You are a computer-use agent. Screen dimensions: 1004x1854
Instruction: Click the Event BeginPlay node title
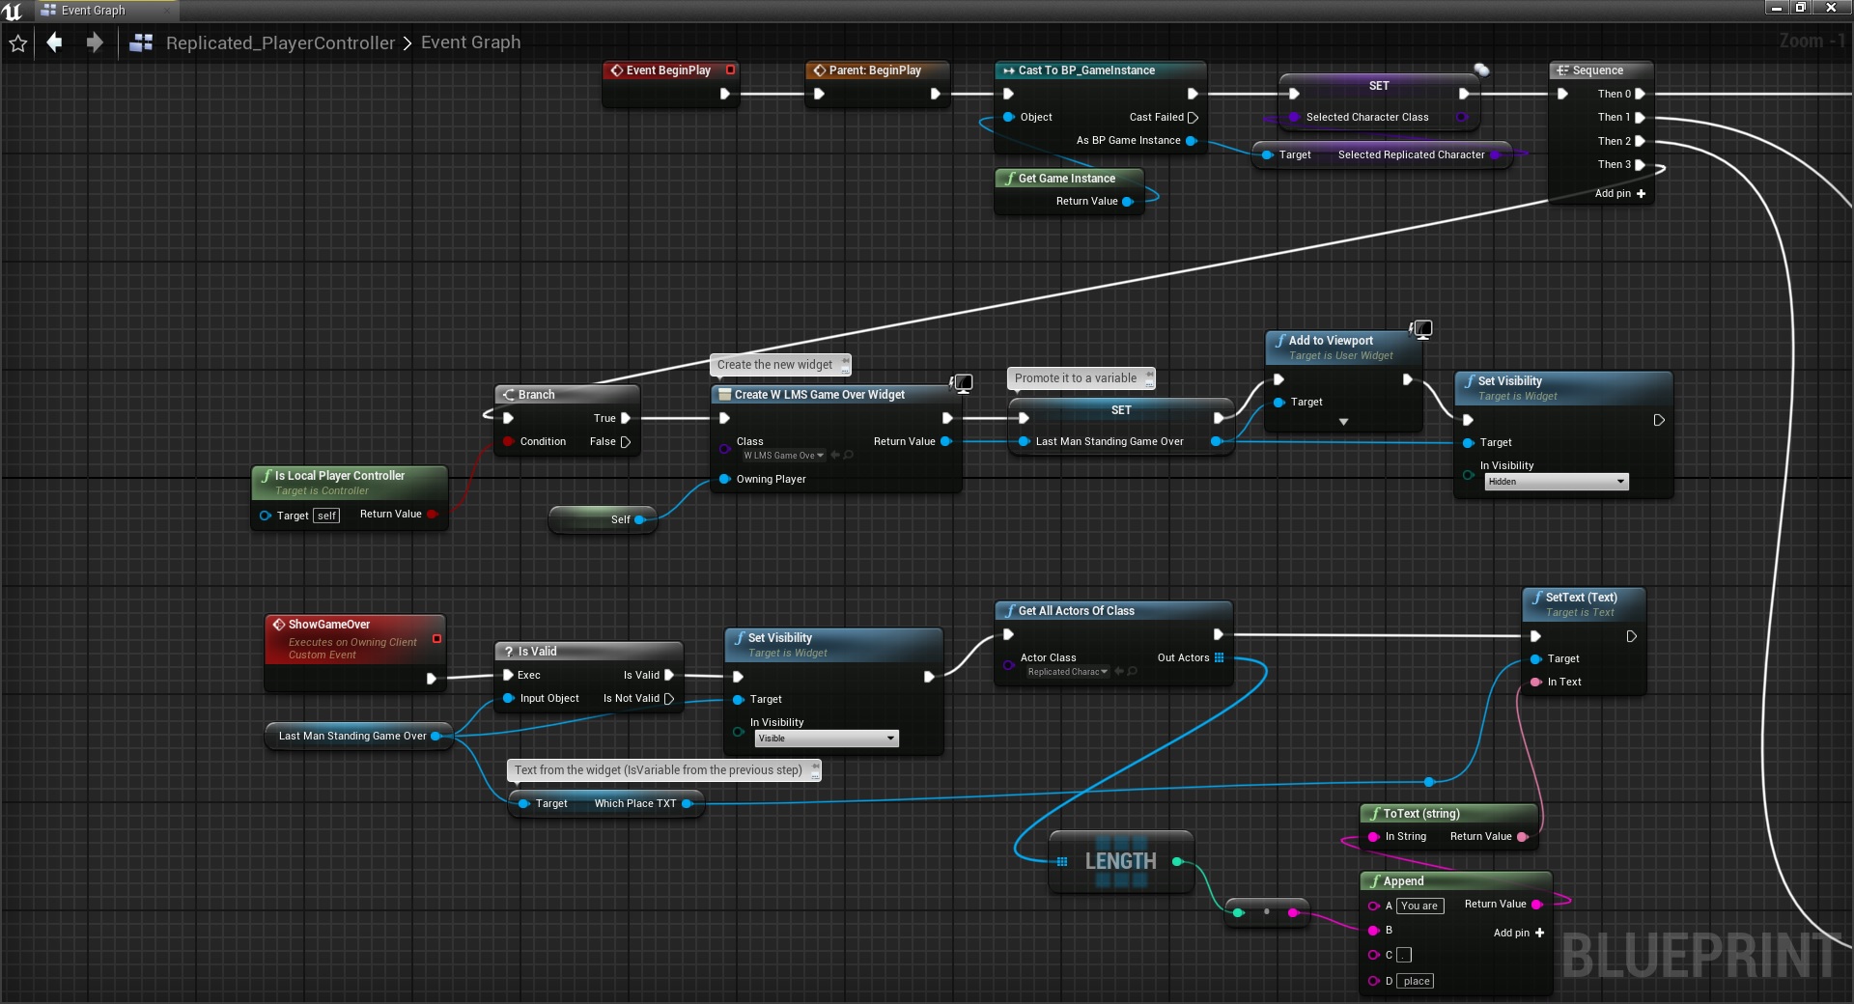click(x=667, y=70)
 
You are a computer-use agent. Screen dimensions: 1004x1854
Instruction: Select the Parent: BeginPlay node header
click(x=874, y=70)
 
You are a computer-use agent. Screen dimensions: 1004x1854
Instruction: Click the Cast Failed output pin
click(x=1193, y=118)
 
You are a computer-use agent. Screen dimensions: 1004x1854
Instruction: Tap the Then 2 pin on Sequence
click(x=1640, y=141)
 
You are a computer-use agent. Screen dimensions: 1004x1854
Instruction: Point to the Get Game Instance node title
click(x=1066, y=179)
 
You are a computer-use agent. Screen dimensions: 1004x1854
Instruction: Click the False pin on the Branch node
click(x=625, y=442)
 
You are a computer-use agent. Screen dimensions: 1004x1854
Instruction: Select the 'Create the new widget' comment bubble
click(x=774, y=365)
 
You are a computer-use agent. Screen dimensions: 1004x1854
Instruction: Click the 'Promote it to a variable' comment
click(x=1075, y=378)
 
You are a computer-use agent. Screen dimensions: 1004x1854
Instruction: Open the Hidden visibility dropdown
click(x=1556, y=482)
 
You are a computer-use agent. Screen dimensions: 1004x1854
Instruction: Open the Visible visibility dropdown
click(x=826, y=739)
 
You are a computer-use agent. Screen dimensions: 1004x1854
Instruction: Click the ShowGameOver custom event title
click(x=328, y=625)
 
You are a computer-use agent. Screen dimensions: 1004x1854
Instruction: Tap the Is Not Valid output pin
click(x=668, y=699)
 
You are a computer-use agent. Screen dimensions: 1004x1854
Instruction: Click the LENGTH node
click(x=1120, y=861)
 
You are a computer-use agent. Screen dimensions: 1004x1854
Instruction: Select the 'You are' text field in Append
click(x=1419, y=906)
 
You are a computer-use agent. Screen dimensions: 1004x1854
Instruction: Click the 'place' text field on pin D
click(x=1417, y=981)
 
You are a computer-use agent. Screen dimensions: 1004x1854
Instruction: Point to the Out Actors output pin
click(x=1219, y=658)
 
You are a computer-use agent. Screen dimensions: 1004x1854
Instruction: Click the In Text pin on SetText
click(x=1535, y=683)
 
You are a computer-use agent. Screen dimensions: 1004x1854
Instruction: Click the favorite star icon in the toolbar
click(x=18, y=43)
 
